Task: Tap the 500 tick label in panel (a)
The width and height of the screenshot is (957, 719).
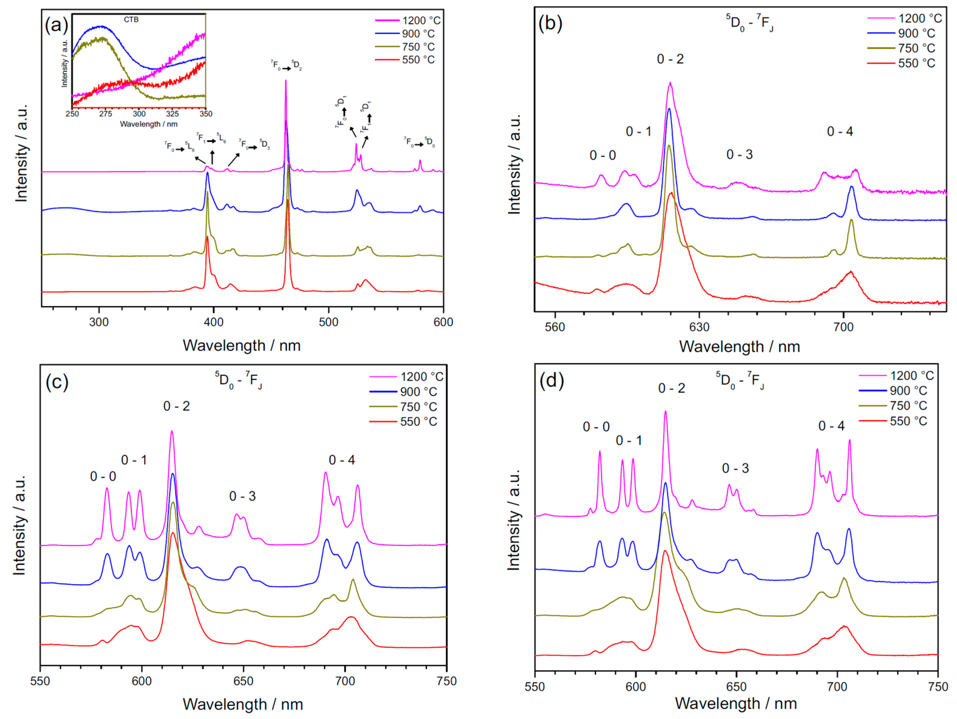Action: [x=328, y=322]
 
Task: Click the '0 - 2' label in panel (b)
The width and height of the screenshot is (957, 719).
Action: [x=670, y=59]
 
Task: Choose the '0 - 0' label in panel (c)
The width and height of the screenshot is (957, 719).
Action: [x=103, y=476]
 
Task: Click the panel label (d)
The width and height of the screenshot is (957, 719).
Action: [x=551, y=381]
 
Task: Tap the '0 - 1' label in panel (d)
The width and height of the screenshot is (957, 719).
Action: [x=629, y=440]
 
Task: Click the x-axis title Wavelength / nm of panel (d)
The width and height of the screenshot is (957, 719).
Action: [x=736, y=704]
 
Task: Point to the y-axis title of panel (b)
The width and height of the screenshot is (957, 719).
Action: [x=514, y=164]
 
